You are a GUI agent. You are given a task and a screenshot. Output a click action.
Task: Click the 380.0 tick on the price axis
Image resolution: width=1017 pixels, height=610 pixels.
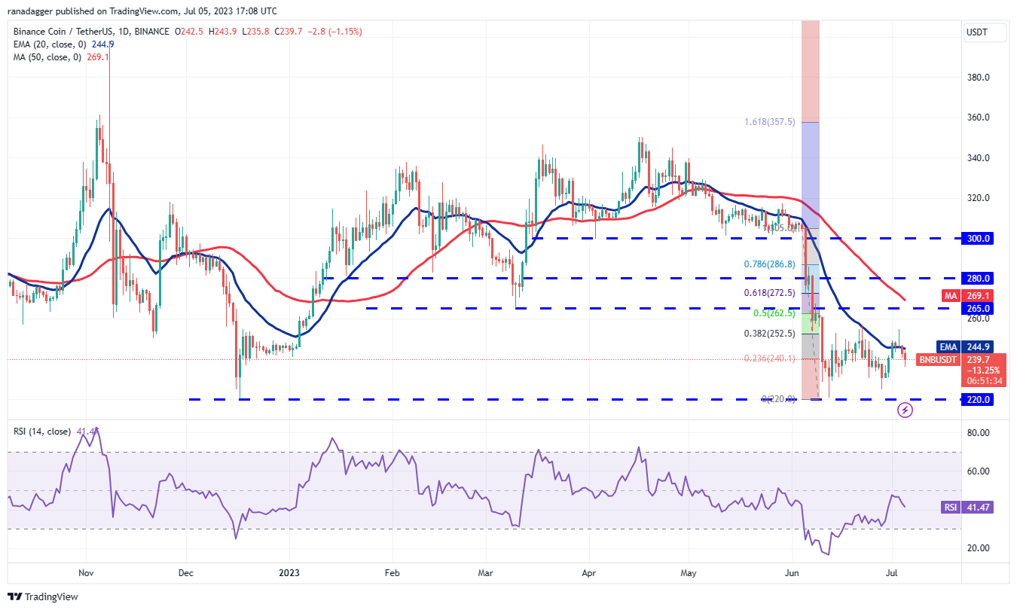click(979, 78)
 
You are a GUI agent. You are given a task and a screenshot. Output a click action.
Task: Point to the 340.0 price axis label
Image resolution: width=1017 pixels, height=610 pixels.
click(979, 158)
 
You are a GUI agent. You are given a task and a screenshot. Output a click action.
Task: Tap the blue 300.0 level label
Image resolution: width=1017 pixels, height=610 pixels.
click(979, 238)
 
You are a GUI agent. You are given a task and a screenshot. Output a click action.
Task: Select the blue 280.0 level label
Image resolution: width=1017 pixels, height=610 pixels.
click(979, 278)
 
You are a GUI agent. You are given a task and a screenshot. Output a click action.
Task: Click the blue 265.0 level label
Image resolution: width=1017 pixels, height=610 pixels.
click(979, 308)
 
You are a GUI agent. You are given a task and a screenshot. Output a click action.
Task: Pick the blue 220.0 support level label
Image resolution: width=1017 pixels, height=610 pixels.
click(979, 399)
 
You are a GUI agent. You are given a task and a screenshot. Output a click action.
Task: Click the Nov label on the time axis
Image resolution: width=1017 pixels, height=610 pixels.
click(86, 572)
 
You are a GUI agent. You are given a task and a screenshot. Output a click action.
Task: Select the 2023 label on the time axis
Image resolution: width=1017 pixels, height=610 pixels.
click(289, 572)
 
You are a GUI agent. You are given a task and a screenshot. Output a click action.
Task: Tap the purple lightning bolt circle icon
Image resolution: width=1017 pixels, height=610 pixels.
click(906, 410)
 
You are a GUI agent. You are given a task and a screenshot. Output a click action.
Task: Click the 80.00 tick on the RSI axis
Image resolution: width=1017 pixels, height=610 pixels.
click(979, 433)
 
